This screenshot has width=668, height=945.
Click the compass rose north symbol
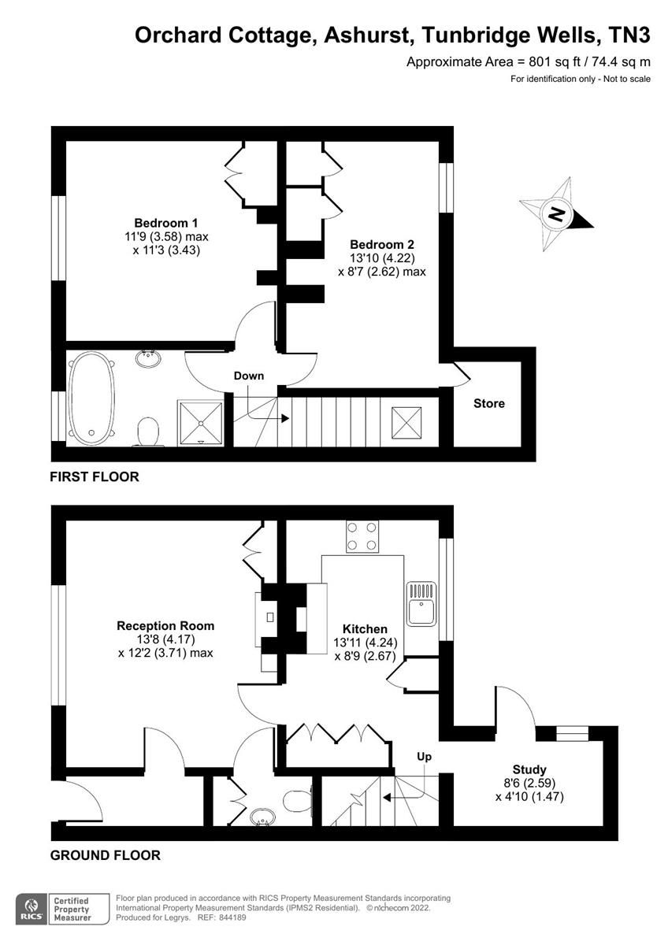(557, 213)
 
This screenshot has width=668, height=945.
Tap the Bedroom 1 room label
(160, 222)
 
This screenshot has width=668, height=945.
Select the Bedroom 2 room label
(382, 244)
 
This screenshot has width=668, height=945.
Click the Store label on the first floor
(488, 403)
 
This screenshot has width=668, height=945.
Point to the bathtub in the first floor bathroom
(91, 398)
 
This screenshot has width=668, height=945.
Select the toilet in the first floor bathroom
(147, 432)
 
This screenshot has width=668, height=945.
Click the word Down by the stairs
(249, 376)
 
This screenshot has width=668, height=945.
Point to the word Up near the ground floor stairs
(425, 756)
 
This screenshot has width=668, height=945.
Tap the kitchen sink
(421, 602)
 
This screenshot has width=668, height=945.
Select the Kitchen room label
(365, 628)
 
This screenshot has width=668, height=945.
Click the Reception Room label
(165, 625)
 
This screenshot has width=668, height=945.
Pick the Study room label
(529, 769)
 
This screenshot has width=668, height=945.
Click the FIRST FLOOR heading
(94, 476)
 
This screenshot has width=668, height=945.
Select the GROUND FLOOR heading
(105, 855)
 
